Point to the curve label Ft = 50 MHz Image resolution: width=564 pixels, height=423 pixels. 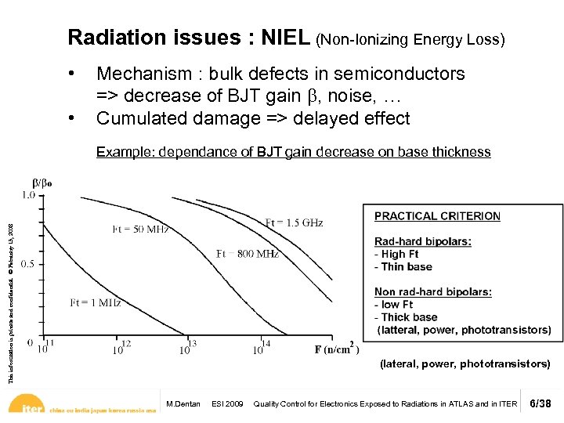[141, 229]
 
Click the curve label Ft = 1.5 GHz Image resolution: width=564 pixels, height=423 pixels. [294, 223]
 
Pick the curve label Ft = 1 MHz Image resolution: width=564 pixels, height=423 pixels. [96, 302]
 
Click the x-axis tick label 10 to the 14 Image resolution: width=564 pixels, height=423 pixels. [260, 347]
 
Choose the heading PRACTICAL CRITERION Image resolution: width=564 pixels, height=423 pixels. [437, 216]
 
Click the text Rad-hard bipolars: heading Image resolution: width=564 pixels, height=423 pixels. [422, 241]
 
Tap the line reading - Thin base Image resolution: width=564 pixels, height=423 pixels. [403, 266]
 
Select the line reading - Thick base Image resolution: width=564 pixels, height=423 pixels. [406, 317]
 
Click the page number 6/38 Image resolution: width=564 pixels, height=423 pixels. [541, 403]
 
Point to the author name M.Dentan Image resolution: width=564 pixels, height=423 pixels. [184, 404]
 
